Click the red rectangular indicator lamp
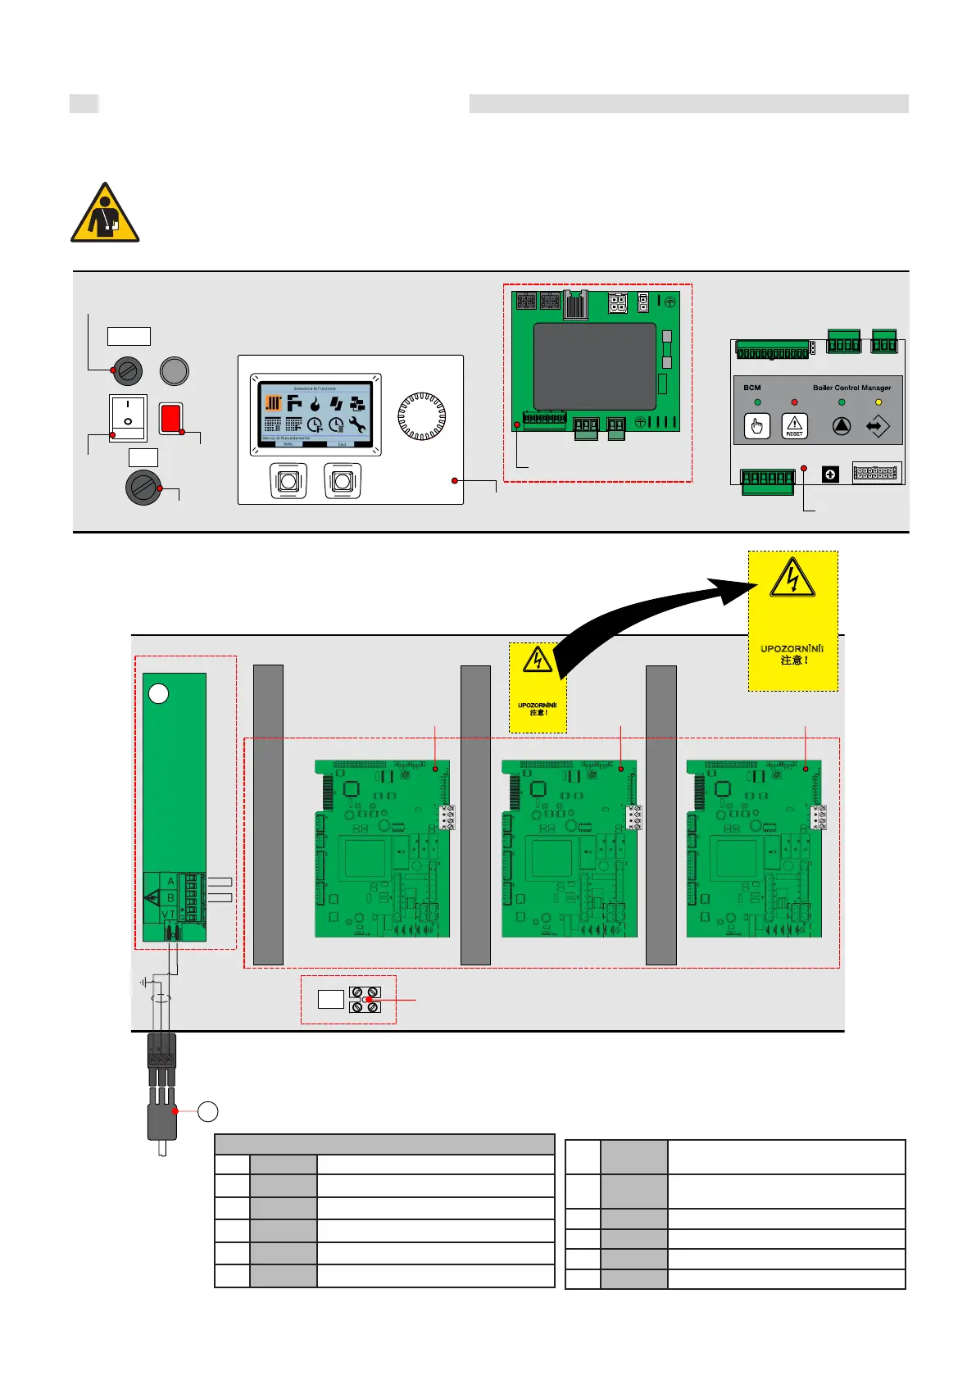point(170,418)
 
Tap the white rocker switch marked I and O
point(128,417)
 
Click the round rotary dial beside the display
point(421,417)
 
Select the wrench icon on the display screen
point(356,424)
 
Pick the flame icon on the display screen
point(315,403)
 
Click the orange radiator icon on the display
point(273,403)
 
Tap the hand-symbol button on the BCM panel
point(756,426)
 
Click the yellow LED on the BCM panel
point(878,402)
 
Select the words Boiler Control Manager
point(851,388)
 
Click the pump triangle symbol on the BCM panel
point(842,426)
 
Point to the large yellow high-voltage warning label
point(792,620)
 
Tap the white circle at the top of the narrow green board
point(158,694)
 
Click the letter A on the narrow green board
point(170,882)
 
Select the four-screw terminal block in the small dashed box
point(365,1000)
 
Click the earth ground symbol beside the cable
point(144,982)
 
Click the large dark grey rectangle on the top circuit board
point(594,366)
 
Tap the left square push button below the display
point(288,481)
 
